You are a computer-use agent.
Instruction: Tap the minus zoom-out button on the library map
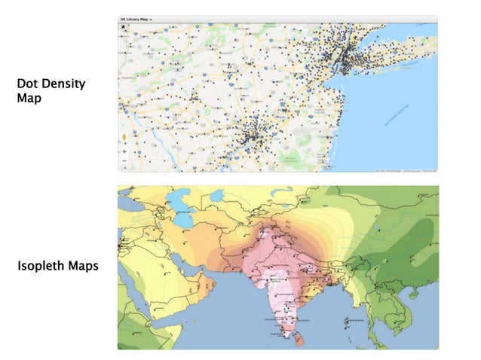tap(124, 161)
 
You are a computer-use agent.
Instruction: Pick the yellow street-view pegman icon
tap(124, 138)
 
